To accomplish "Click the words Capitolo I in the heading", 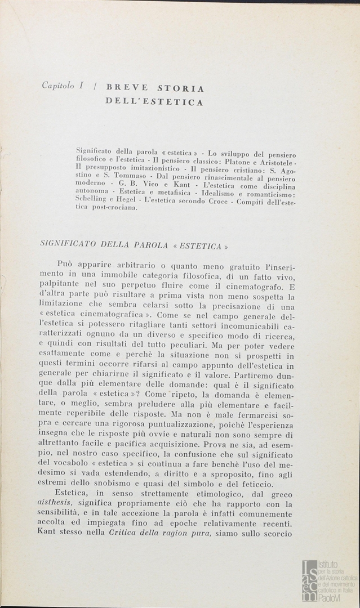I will [63, 86].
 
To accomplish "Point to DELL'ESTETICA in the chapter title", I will [154, 102].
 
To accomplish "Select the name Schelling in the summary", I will [92, 199].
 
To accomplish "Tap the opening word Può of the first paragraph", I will [66, 265].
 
